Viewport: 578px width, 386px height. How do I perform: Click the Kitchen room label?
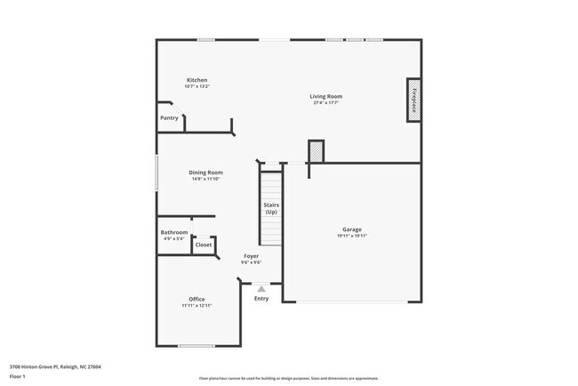click(197, 80)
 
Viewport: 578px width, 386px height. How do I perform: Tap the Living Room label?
click(325, 96)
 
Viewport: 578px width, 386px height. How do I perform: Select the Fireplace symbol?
click(414, 100)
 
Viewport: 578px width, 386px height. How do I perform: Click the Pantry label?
click(169, 117)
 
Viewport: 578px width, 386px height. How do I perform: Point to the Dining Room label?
click(205, 173)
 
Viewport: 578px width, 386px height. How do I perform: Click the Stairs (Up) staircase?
click(270, 209)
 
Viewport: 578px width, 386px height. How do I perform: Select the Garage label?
click(352, 229)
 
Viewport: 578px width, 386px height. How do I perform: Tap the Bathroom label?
click(174, 232)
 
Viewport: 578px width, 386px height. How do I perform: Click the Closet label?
click(204, 245)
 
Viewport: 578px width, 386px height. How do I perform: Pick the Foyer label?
click(252, 256)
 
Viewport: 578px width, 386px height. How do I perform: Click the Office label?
click(197, 299)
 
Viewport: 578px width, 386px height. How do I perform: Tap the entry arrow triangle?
click(261, 288)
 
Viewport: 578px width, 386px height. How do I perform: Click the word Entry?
click(261, 299)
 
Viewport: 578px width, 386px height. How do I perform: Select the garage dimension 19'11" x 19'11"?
click(352, 236)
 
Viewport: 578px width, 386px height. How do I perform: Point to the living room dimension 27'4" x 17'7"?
click(325, 102)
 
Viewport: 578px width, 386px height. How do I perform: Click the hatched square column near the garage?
click(316, 152)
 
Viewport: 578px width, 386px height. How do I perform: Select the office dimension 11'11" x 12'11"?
click(197, 305)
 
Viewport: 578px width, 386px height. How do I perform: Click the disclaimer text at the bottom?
click(288, 378)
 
